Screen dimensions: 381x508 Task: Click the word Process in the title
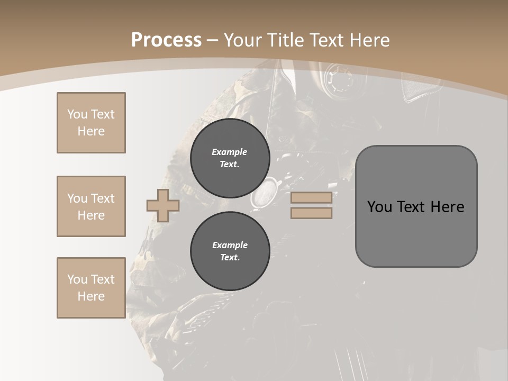click(x=166, y=40)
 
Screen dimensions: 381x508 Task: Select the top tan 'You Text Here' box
click(x=91, y=123)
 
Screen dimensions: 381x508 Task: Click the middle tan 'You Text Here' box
click(x=91, y=206)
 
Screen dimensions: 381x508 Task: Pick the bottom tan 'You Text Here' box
click(x=91, y=288)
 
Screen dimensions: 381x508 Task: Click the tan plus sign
click(x=162, y=205)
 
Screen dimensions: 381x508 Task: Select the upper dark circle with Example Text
click(x=230, y=158)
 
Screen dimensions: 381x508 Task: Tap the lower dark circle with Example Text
click(x=230, y=251)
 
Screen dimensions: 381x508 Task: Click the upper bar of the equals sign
click(x=311, y=197)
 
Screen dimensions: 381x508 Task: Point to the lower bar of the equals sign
click(x=311, y=213)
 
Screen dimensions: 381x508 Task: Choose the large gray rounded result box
click(x=416, y=233)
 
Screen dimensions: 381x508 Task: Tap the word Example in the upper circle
click(x=230, y=152)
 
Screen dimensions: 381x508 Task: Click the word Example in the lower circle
click(x=230, y=245)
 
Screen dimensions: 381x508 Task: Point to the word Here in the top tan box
click(x=91, y=131)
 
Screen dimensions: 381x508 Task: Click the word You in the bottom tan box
click(x=77, y=279)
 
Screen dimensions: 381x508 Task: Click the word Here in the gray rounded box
click(x=447, y=207)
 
